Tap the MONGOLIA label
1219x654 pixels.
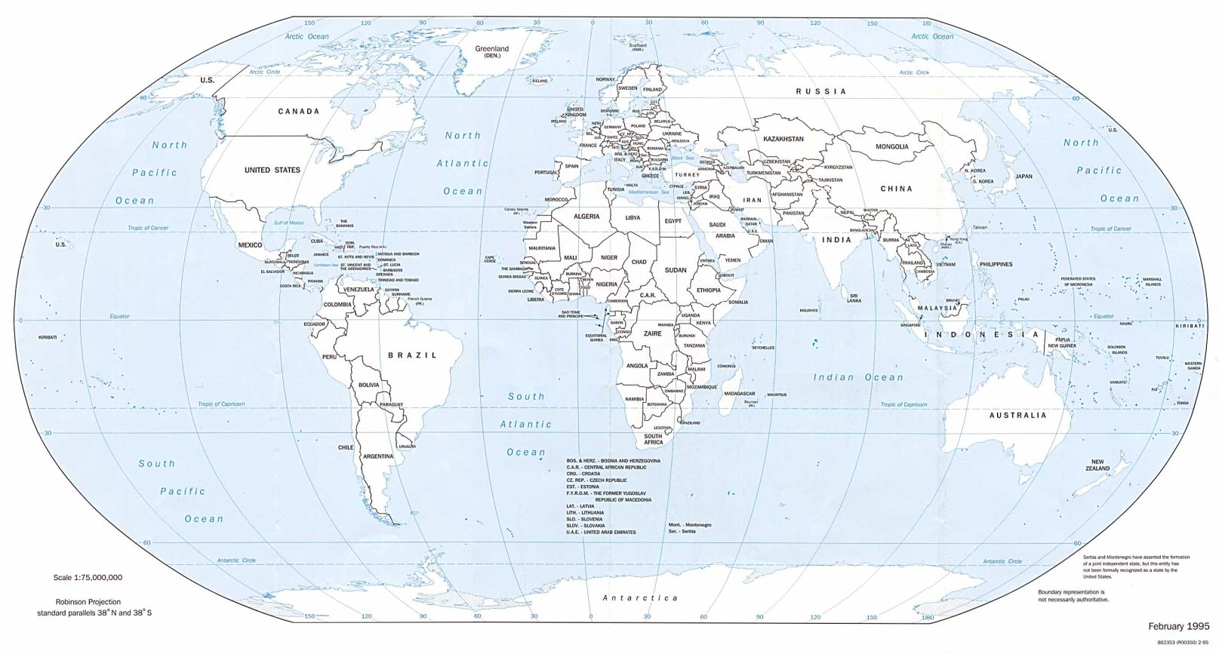(x=891, y=146)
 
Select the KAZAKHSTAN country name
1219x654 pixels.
(x=783, y=139)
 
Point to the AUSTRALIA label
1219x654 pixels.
(x=1018, y=415)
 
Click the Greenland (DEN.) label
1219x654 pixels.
(x=491, y=52)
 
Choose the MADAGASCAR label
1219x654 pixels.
(x=739, y=394)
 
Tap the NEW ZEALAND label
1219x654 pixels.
(x=1097, y=465)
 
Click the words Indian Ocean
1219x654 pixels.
(x=857, y=377)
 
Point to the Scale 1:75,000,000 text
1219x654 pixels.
(x=88, y=577)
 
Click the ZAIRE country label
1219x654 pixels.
(x=652, y=333)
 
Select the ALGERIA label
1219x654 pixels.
(x=586, y=216)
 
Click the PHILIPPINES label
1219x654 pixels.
(x=1002, y=265)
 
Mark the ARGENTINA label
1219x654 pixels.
(x=377, y=456)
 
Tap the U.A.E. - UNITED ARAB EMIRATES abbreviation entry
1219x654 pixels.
(x=601, y=532)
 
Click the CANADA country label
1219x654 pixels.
(x=299, y=111)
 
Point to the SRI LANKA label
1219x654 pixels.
(x=854, y=298)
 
